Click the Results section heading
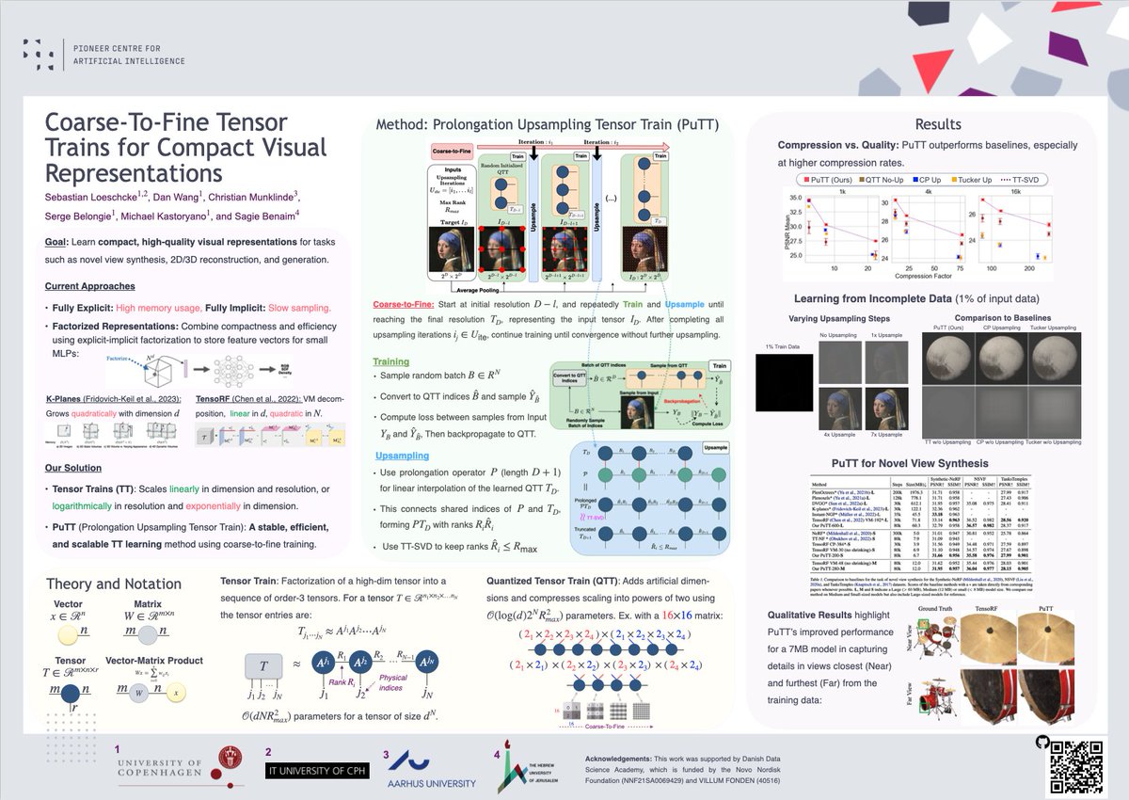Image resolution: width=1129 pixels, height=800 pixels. pyautogui.click(x=937, y=124)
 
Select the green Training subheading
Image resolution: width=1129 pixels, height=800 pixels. pyautogui.click(x=391, y=360)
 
